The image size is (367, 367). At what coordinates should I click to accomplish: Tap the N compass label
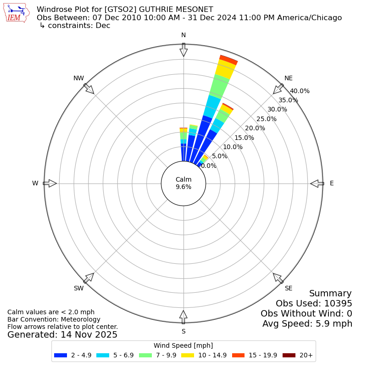(x=183, y=35)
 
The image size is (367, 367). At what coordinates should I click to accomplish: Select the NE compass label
(x=289, y=78)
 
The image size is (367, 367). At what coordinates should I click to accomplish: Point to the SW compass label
(x=78, y=288)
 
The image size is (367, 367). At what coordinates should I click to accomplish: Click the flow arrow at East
(x=317, y=183)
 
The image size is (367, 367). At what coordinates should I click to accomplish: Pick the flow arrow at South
(x=183, y=317)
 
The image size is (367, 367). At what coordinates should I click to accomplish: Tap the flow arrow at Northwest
(x=89, y=89)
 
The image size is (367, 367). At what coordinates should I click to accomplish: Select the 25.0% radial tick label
(x=267, y=119)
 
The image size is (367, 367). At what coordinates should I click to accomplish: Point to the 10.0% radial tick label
(x=233, y=147)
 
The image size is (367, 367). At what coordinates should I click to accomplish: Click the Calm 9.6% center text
(x=183, y=183)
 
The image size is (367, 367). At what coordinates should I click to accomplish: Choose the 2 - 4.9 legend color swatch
(x=61, y=355)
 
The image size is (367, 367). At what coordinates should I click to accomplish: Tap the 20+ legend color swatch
(x=289, y=355)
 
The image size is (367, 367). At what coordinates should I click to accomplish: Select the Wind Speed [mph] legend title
(x=183, y=345)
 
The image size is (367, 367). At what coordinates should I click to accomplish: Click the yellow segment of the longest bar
(x=225, y=69)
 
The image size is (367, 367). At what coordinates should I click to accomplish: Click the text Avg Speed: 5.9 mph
(x=307, y=324)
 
